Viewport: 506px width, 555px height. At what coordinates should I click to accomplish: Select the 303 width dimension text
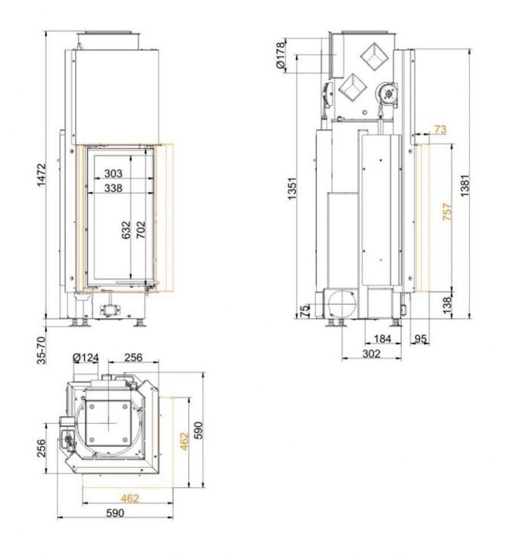(x=113, y=173)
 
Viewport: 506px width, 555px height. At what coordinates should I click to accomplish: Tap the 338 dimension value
(x=113, y=188)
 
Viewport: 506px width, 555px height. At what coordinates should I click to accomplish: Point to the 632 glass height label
(x=126, y=230)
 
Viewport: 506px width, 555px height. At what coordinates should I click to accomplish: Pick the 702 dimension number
(x=141, y=229)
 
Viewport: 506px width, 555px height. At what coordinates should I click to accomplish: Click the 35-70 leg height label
(x=42, y=350)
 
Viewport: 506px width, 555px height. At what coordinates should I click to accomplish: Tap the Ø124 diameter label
(x=86, y=358)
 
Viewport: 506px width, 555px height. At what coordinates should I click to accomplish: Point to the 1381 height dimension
(x=464, y=185)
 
